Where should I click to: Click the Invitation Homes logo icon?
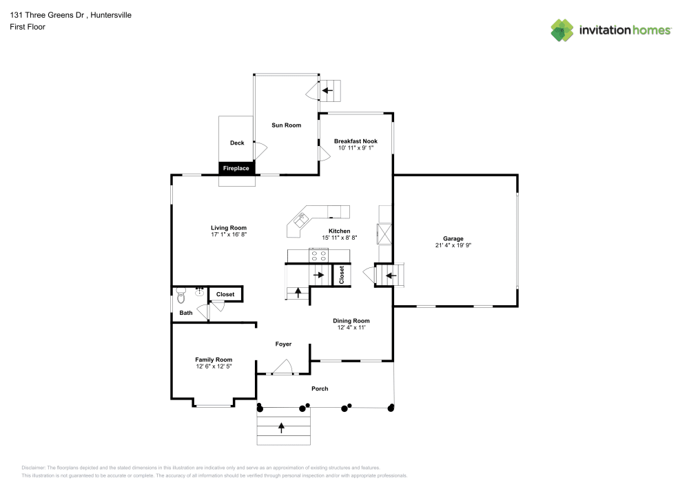[x=562, y=30]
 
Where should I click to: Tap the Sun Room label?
[x=286, y=125]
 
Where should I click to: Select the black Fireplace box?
[x=236, y=168]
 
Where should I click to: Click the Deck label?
[x=237, y=143]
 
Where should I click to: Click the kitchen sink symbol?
[x=301, y=220]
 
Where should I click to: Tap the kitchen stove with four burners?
[x=319, y=256]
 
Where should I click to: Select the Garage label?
[x=453, y=238]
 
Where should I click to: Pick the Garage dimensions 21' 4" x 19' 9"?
[x=453, y=245]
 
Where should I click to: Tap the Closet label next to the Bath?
[x=225, y=294]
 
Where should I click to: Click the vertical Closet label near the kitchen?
[x=341, y=275]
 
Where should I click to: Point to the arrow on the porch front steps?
[x=281, y=427]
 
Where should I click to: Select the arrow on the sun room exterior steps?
[x=327, y=90]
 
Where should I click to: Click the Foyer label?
[x=283, y=344]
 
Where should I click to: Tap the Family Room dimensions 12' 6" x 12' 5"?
[x=214, y=366]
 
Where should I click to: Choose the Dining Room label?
[x=351, y=320]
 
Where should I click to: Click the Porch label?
[x=320, y=388]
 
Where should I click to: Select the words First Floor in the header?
[x=28, y=27]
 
